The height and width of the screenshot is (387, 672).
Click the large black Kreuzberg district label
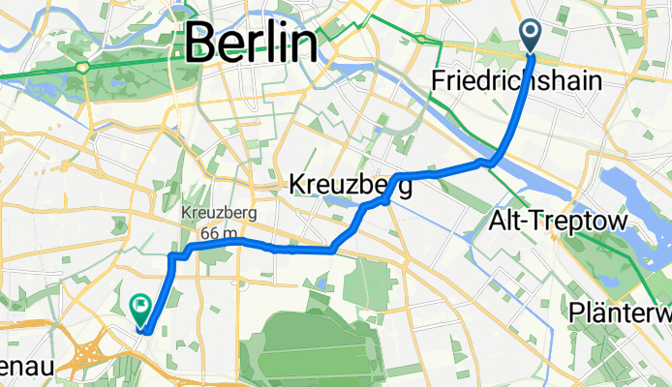(x=351, y=184)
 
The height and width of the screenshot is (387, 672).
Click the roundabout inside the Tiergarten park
(x=85, y=68)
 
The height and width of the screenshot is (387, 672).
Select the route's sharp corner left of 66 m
(x=172, y=255)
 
